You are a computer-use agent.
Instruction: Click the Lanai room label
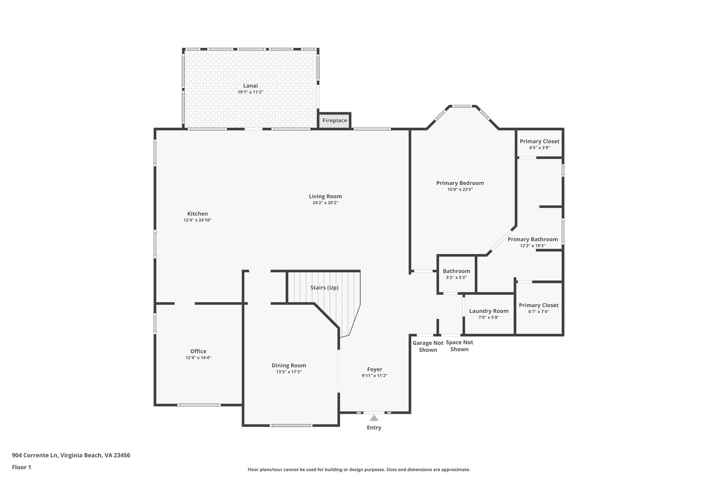click(x=250, y=86)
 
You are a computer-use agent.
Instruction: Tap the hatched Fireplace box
click(x=334, y=121)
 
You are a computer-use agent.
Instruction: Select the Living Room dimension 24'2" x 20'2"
click(x=325, y=203)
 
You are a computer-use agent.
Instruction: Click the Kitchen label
click(x=197, y=214)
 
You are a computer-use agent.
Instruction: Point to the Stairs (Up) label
click(x=324, y=288)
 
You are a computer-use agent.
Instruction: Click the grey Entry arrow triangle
click(x=374, y=418)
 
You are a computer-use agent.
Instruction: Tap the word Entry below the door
click(x=374, y=427)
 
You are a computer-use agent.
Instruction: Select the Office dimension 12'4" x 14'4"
click(x=198, y=358)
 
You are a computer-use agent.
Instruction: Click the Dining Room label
click(x=289, y=365)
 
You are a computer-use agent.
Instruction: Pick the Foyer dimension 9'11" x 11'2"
click(x=374, y=375)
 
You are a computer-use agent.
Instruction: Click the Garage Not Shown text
click(x=428, y=346)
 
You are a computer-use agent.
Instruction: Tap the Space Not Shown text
click(x=459, y=346)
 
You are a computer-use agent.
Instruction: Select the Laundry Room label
click(x=488, y=311)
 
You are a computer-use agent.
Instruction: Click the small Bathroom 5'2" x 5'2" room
click(x=456, y=274)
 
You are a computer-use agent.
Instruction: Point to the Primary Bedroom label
click(x=460, y=183)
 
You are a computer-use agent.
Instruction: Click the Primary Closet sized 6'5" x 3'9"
click(x=539, y=144)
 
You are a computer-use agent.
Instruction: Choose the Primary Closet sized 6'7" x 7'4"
click(x=538, y=308)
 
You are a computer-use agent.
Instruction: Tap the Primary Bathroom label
click(x=533, y=239)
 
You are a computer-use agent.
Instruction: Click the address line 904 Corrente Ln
click(x=71, y=455)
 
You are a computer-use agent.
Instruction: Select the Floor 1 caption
click(x=21, y=467)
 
